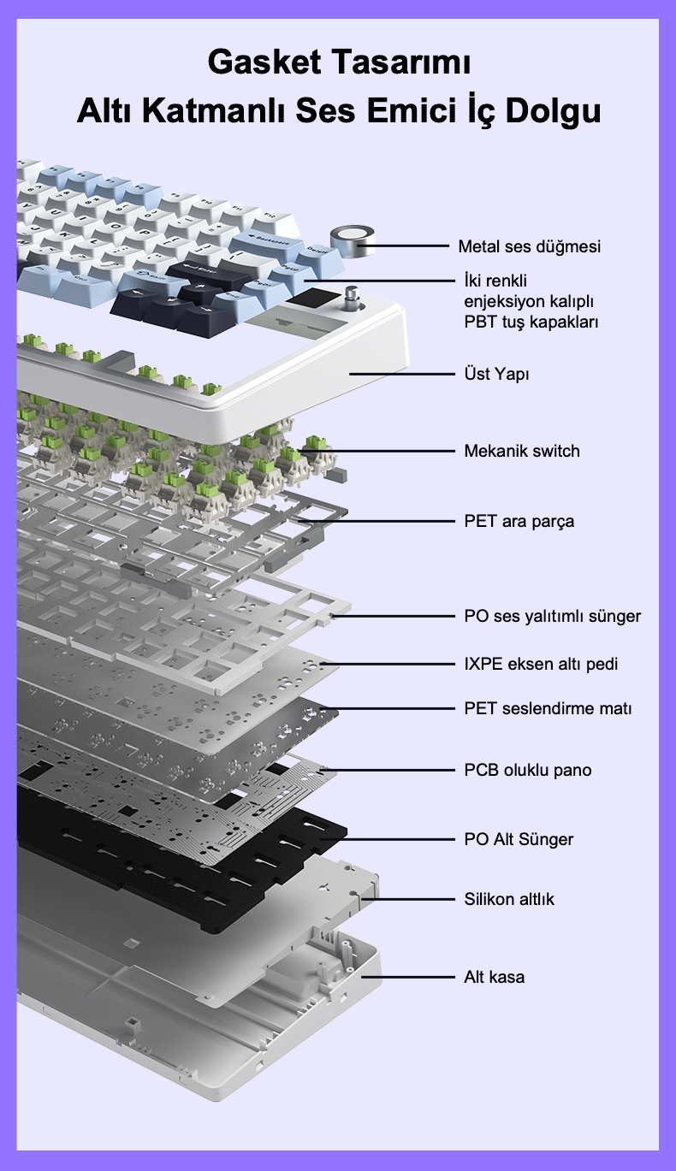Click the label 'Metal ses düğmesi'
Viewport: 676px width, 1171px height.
click(x=529, y=246)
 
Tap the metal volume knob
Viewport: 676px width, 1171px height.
click(x=353, y=241)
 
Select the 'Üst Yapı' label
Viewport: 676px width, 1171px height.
click(x=496, y=374)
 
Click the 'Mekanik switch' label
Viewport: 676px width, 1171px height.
click(x=522, y=451)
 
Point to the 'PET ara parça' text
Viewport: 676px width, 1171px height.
click(x=519, y=521)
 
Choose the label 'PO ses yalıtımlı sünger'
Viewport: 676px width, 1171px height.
click(x=553, y=616)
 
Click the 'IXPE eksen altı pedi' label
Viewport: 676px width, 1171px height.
click(x=541, y=664)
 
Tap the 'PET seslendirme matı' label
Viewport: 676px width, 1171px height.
click(x=548, y=708)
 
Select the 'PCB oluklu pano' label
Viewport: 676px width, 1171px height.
click(x=528, y=770)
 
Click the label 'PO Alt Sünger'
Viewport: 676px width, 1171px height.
click(x=519, y=839)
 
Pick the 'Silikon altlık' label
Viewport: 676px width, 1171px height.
click(x=509, y=899)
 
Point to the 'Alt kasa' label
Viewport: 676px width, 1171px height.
click(x=494, y=977)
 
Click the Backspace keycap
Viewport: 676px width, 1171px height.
click(x=268, y=241)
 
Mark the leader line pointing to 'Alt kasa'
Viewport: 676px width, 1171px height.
click(x=408, y=977)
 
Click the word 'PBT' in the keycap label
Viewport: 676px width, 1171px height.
click(x=481, y=322)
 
